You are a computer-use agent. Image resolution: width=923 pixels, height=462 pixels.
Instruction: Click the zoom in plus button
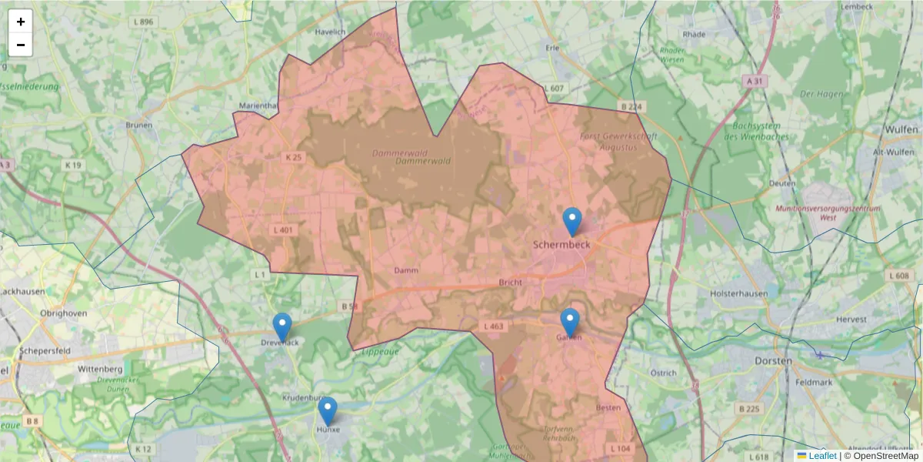pos(21,22)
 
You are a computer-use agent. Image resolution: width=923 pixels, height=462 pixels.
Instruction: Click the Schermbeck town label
pos(561,244)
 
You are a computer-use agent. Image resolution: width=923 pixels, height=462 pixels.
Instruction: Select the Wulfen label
pos(902,129)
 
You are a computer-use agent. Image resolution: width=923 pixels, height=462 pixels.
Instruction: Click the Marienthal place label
pos(258,105)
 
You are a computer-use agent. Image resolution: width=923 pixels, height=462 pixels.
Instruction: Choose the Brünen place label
pos(139,125)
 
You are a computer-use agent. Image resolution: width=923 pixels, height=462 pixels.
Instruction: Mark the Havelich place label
pos(331,32)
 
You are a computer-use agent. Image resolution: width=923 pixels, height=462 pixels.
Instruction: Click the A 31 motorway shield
pos(755,81)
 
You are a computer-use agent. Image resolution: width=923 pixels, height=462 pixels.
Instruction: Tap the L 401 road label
pos(282,229)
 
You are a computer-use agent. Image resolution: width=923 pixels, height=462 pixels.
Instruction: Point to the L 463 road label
pos(494,326)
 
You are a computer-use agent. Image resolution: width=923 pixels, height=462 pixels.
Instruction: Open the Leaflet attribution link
pos(822,456)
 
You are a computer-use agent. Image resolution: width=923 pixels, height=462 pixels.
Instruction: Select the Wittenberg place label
pos(100,370)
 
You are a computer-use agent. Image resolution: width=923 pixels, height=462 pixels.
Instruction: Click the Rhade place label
pos(694,35)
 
